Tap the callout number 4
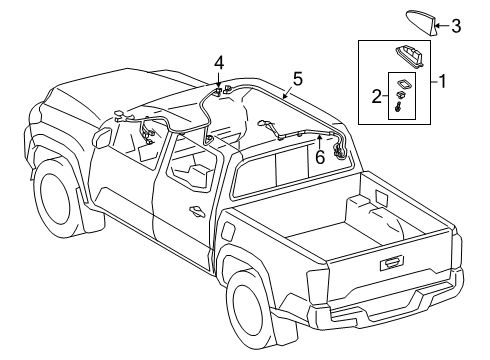[x=219, y=64]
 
